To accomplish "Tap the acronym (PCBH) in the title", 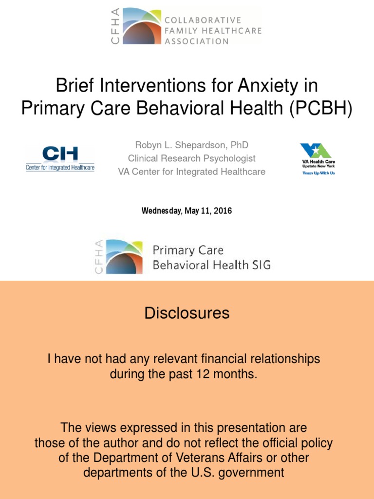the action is click(321, 108).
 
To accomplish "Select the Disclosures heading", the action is click(187, 313).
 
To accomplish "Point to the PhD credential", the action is click(240, 145).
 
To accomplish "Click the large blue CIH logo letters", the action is click(60, 154).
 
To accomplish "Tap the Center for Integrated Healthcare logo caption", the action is click(60, 168).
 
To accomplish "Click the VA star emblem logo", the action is click(316, 151).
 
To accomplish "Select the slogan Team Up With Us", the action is click(318, 173).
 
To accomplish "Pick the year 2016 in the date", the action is click(223, 211).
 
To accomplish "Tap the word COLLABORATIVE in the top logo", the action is click(203, 20).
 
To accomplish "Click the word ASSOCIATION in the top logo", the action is click(197, 41).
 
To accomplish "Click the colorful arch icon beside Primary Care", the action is click(124, 257).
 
